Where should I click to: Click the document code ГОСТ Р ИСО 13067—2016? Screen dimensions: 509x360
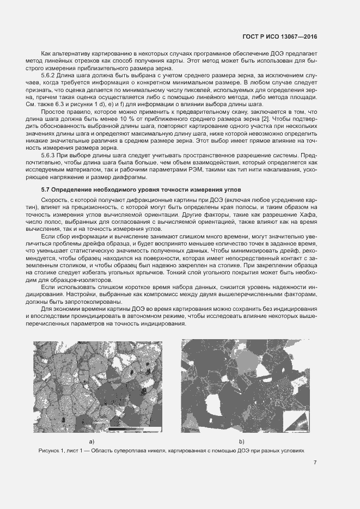tap(280, 37)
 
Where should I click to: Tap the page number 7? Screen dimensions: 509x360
tap(315, 463)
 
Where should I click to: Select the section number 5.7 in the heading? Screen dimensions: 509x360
tap(47, 189)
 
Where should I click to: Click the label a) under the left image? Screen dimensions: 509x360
tap(91, 440)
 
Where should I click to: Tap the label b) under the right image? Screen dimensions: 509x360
tap(241, 440)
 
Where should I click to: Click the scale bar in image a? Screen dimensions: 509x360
tap(131, 430)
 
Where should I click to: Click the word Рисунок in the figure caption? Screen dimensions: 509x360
tap(51, 451)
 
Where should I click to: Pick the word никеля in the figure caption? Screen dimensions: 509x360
tap(152, 451)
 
